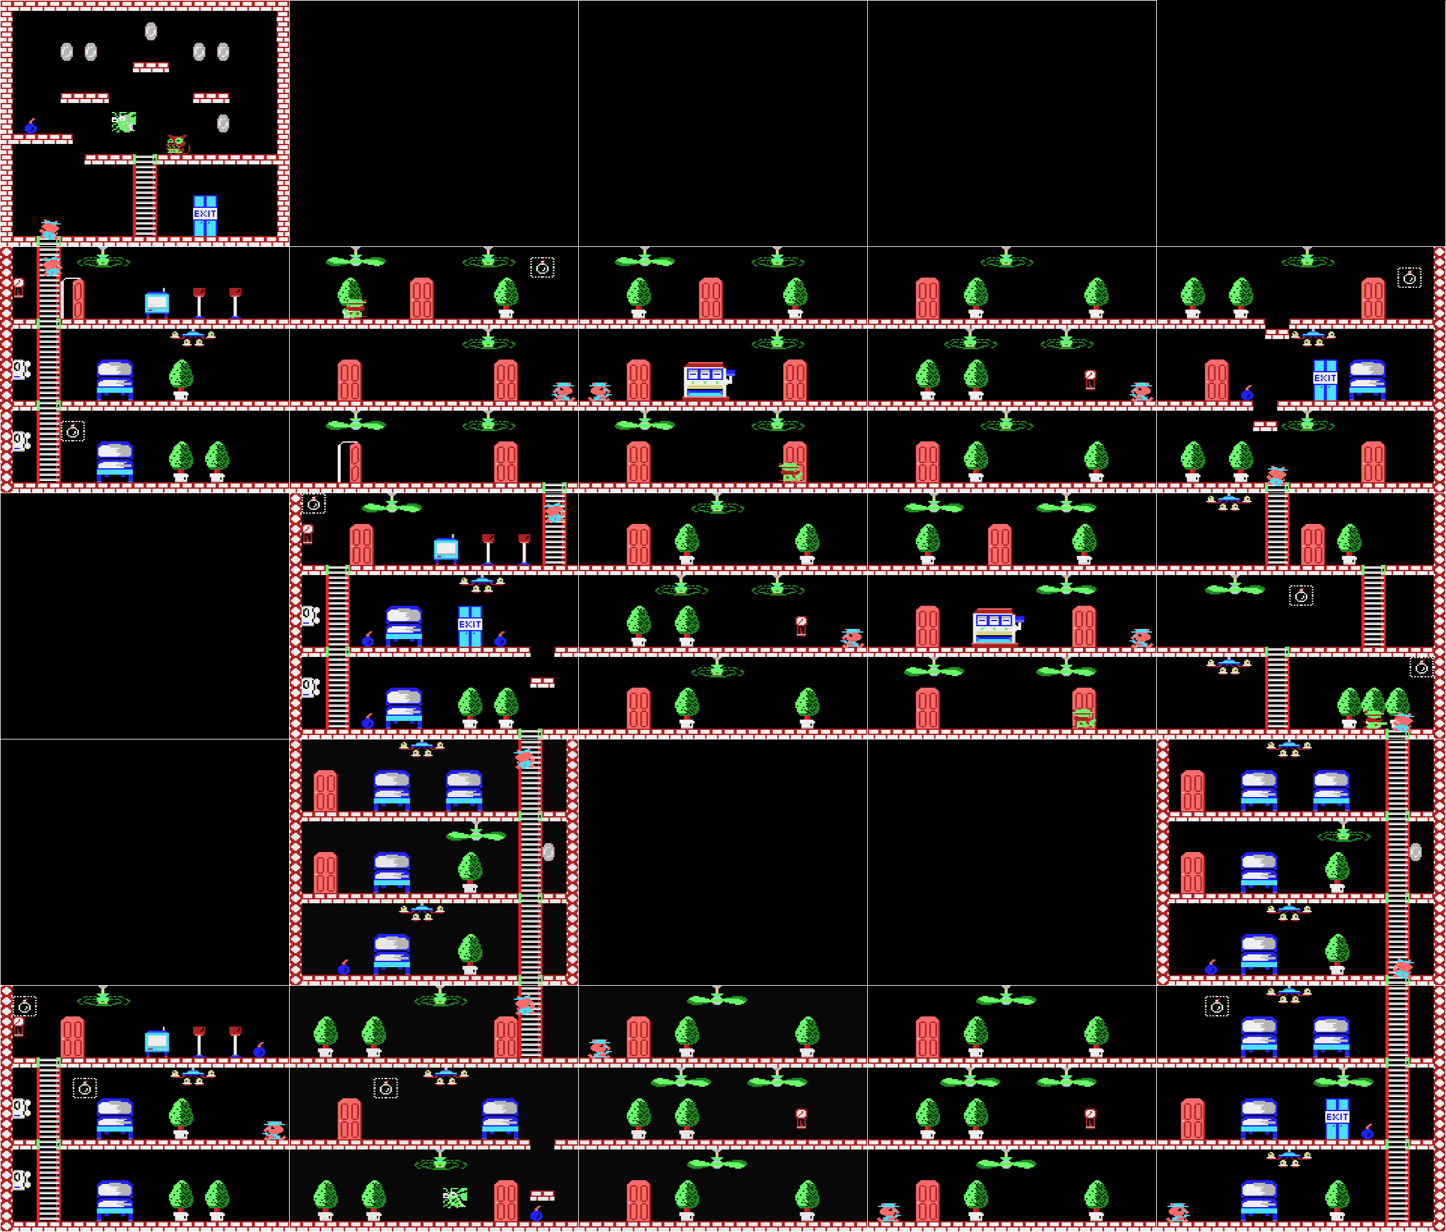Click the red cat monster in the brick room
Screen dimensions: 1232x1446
pyautogui.click(x=177, y=145)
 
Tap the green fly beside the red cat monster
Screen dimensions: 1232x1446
pyautogui.click(x=124, y=122)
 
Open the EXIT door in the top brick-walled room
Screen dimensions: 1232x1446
pyautogui.click(x=205, y=216)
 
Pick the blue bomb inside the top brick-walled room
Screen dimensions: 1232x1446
pyautogui.click(x=31, y=127)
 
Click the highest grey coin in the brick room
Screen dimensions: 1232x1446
pyautogui.click(x=151, y=31)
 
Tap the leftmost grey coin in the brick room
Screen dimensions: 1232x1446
pyautogui.click(x=67, y=52)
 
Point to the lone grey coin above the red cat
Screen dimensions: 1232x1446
pyautogui.click(x=223, y=123)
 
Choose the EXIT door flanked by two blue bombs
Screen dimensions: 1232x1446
pyautogui.click(x=469, y=626)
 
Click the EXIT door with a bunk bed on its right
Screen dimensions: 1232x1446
pyautogui.click(x=1324, y=380)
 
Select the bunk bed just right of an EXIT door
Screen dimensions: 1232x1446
pyautogui.click(x=1367, y=380)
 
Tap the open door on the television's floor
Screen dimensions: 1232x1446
pyautogui.click(x=72, y=298)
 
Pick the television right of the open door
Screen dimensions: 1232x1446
pyautogui.click(x=157, y=302)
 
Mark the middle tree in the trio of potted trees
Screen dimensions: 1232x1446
pyautogui.click(x=1372, y=707)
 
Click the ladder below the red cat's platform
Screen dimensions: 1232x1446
pyautogui.click(x=145, y=196)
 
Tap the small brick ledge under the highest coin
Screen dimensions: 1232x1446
pyautogui.click(x=151, y=68)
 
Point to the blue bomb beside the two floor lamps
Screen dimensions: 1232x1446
pyautogui.click(x=260, y=1050)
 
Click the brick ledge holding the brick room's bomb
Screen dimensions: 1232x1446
pyautogui.click(x=42, y=139)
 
